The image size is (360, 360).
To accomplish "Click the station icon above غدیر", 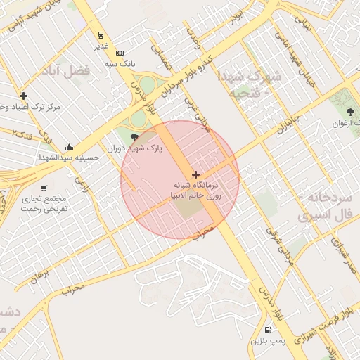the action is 101,34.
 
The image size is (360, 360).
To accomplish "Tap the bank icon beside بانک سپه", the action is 120,53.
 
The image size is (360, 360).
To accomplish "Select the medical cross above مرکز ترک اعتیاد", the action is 24,96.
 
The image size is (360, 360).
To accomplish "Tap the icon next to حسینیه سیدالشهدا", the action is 69,147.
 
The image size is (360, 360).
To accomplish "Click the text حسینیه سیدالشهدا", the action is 70,157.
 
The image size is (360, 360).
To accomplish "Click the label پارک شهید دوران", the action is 135,149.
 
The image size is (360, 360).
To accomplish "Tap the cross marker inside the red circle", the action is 195,174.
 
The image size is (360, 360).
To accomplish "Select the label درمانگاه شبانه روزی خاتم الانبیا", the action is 197,191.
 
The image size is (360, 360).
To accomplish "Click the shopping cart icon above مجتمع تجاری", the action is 44,188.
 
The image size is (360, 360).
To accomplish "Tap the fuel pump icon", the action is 268,330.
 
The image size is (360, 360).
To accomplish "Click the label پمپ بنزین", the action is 268,341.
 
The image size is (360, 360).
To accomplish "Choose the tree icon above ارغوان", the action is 350,112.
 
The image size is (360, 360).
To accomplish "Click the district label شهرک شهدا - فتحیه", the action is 250,84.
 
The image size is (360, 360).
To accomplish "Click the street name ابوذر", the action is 238,13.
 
